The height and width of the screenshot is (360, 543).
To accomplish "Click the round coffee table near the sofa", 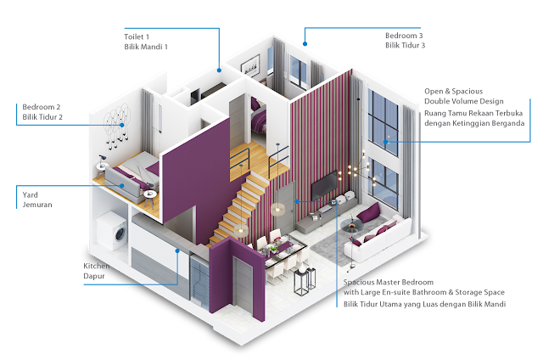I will (x=350, y=227).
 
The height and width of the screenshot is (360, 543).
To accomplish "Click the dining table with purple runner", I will (x=281, y=251).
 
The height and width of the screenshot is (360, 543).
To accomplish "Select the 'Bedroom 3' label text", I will (x=404, y=37).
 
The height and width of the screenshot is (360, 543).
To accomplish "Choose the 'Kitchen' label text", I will (x=96, y=267).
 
